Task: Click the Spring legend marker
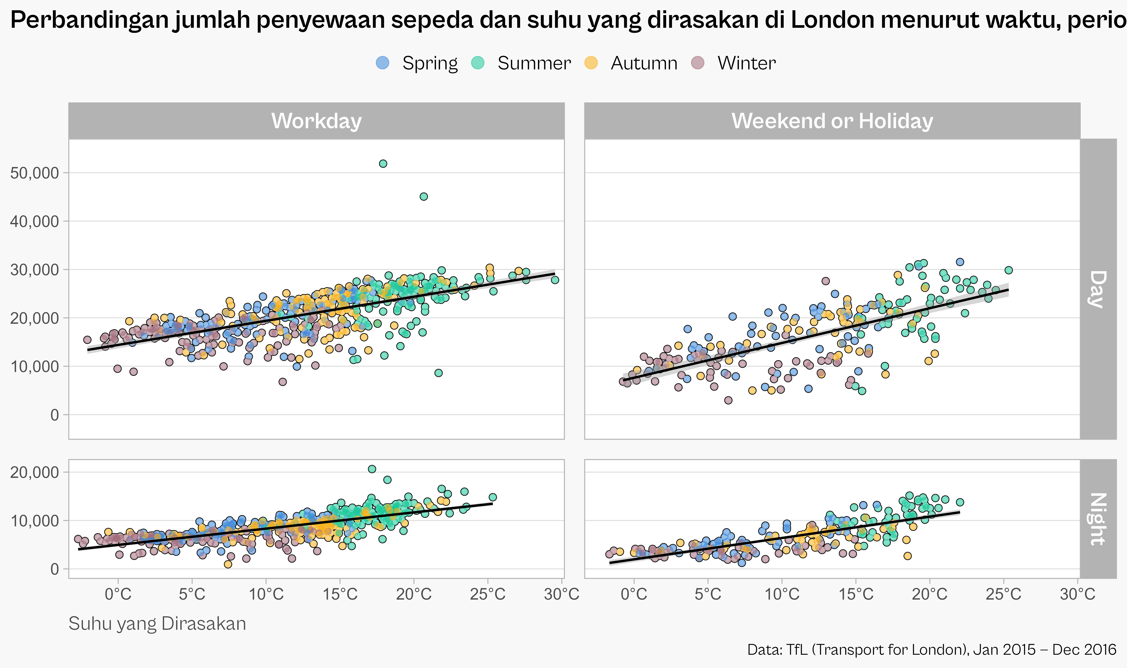click(x=382, y=63)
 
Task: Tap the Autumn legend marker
click(x=591, y=63)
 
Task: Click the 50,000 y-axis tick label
click(x=35, y=173)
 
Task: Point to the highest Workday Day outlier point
click(x=383, y=163)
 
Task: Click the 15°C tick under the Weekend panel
click(x=856, y=594)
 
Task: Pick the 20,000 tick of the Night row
click(x=35, y=472)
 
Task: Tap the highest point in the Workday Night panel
click(x=372, y=469)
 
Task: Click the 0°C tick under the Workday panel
click(x=118, y=594)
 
